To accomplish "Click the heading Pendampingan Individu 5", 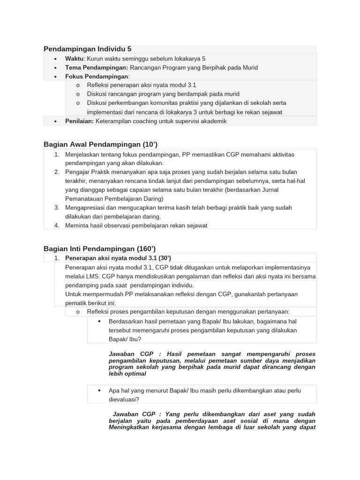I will click(88, 49).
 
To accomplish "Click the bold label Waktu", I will click(74, 59).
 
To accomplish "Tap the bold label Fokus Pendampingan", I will click(96, 76).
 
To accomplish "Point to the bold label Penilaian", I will click(79, 121).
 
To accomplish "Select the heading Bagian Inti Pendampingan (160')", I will click(99, 248).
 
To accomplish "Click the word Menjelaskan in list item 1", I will click(83, 154).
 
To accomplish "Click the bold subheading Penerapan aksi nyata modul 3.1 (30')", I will click(118, 258).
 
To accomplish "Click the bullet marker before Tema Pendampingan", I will click(56, 67).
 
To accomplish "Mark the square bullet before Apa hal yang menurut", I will click(99, 390).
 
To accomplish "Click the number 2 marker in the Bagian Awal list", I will click(56, 172).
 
